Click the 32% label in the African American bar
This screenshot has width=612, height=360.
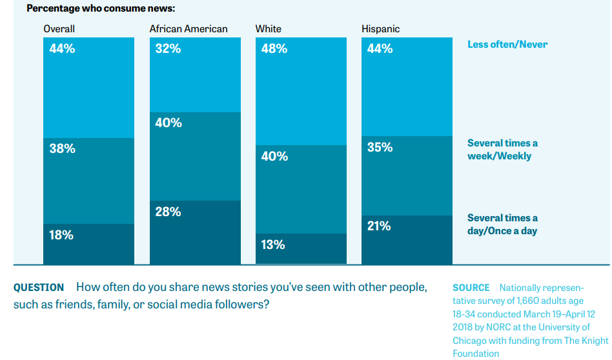[x=168, y=48]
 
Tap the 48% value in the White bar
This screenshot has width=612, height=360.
[x=274, y=48]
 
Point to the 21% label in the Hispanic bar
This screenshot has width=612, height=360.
[x=380, y=226]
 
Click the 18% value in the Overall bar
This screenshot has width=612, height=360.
[x=62, y=235]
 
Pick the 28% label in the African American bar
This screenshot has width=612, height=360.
[x=168, y=212]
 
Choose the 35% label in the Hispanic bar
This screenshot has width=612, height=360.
[x=380, y=147]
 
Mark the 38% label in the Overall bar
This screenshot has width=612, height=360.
[x=63, y=148]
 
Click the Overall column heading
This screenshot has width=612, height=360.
[x=59, y=29]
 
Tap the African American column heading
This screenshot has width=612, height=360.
[x=189, y=29]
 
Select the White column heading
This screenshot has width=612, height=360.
[x=269, y=29]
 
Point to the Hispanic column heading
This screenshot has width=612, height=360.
[x=381, y=29]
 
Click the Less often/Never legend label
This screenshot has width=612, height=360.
[x=507, y=45]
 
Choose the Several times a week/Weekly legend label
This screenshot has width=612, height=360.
[x=502, y=149]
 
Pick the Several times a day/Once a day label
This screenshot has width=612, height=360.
[x=502, y=224]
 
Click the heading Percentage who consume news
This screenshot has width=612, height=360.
[x=101, y=9]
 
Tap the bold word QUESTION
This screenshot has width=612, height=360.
[x=39, y=288]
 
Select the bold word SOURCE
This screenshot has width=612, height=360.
[x=471, y=288]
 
